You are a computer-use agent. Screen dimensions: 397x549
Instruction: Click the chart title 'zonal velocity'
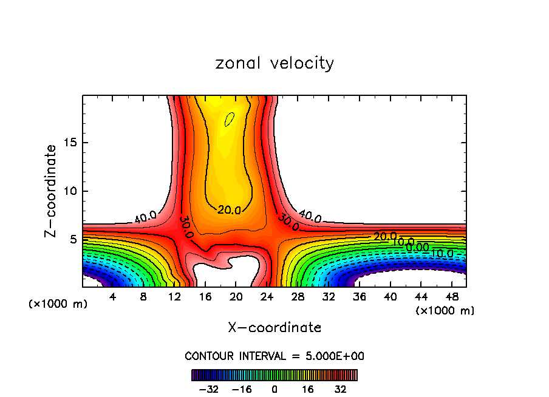coord(274,63)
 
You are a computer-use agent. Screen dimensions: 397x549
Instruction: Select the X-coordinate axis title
coord(274,328)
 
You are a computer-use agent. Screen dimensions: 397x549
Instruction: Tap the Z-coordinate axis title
coord(52,191)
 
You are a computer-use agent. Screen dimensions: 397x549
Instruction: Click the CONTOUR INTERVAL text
coord(274,356)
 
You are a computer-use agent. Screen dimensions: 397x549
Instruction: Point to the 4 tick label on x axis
coord(113,298)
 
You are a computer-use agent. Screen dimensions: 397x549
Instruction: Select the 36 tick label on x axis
coord(359,298)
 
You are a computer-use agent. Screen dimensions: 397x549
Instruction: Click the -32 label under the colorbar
coord(208,389)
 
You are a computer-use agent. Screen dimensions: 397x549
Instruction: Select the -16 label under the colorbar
coord(242,389)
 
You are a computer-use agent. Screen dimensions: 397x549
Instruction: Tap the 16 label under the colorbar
coord(308,389)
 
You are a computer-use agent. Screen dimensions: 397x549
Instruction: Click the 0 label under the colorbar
coord(274,389)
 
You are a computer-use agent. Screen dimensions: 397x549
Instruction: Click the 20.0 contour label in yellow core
coord(229,210)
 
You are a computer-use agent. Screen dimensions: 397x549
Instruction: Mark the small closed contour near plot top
coord(229,119)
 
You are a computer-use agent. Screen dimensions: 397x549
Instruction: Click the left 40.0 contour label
coord(146,216)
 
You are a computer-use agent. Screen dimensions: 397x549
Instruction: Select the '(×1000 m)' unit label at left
coord(58,304)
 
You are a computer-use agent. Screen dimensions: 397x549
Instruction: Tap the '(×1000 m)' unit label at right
coord(445,311)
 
